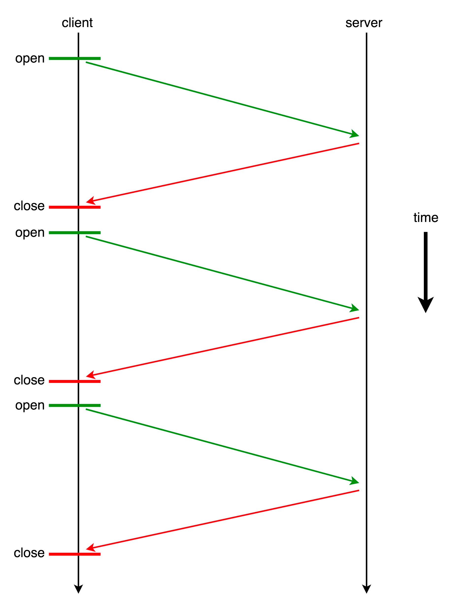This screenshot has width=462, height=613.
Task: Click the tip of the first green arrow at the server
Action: (x=359, y=136)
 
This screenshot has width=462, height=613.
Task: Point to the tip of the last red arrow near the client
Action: (x=86, y=549)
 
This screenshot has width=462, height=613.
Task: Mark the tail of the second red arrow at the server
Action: (x=359, y=318)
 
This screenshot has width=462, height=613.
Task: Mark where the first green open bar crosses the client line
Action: (x=79, y=59)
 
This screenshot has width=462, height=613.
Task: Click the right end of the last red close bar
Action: (x=100, y=554)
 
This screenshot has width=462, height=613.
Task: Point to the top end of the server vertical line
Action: (x=366, y=33)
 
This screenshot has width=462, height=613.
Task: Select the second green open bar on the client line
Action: (x=75, y=233)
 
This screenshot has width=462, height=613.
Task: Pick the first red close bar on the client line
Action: (x=75, y=207)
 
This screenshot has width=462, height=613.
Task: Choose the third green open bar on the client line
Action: (x=75, y=406)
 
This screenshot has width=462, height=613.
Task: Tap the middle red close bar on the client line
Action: (x=75, y=381)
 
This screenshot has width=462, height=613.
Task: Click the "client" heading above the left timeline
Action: (x=77, y=23)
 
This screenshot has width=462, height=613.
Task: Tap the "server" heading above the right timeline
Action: (x=363, y=23)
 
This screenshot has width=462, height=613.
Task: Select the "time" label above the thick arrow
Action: (x=426, y=218)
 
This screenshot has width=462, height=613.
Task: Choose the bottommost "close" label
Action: (x=29, y=553)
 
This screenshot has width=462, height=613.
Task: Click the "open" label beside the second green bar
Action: (x=30, y=233)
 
